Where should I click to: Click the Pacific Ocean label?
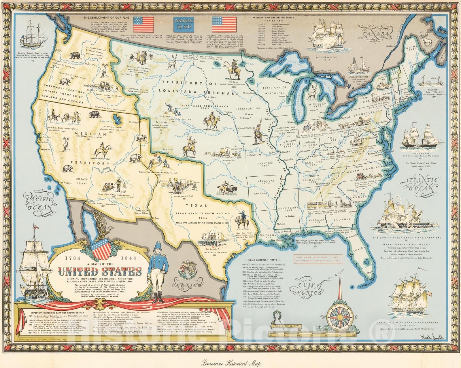(39, 203)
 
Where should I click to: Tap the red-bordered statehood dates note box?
(316, 258)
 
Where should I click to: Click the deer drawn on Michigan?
(312, 91)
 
